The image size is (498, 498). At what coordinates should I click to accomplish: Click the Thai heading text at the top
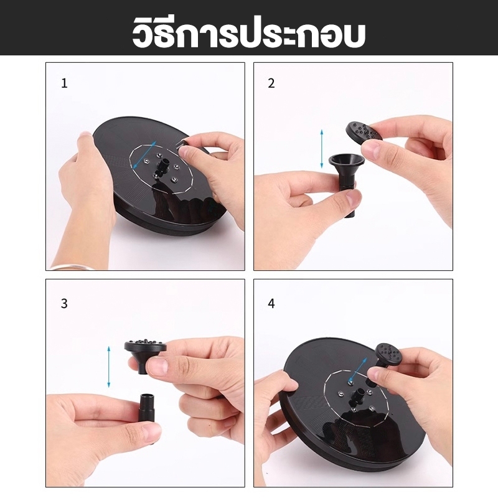pyautogui.click(x=248, y=33)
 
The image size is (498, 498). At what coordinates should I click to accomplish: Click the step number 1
pyautogui.click(x=65, y=83)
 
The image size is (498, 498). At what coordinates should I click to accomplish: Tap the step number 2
pyautogui.click(x=271, y=83)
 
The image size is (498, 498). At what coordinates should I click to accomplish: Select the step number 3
pyautogui.click(x=64, y=304)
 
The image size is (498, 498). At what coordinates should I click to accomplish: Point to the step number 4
pyautogui.click(x=271, y=304)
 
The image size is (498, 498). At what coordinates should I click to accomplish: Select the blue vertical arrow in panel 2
pyautogui.click(x=322, y=149)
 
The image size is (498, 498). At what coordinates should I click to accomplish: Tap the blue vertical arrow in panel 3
pyautogui.click(x=108, y=367)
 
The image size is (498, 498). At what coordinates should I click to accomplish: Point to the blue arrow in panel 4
pyautogui.click(x=358, y=370)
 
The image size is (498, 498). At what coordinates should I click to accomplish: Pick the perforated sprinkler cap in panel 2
pyautogui.click(x=364, y=133)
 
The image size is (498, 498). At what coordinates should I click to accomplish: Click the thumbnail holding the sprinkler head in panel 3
pyautogui.click(x=158, y=365)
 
